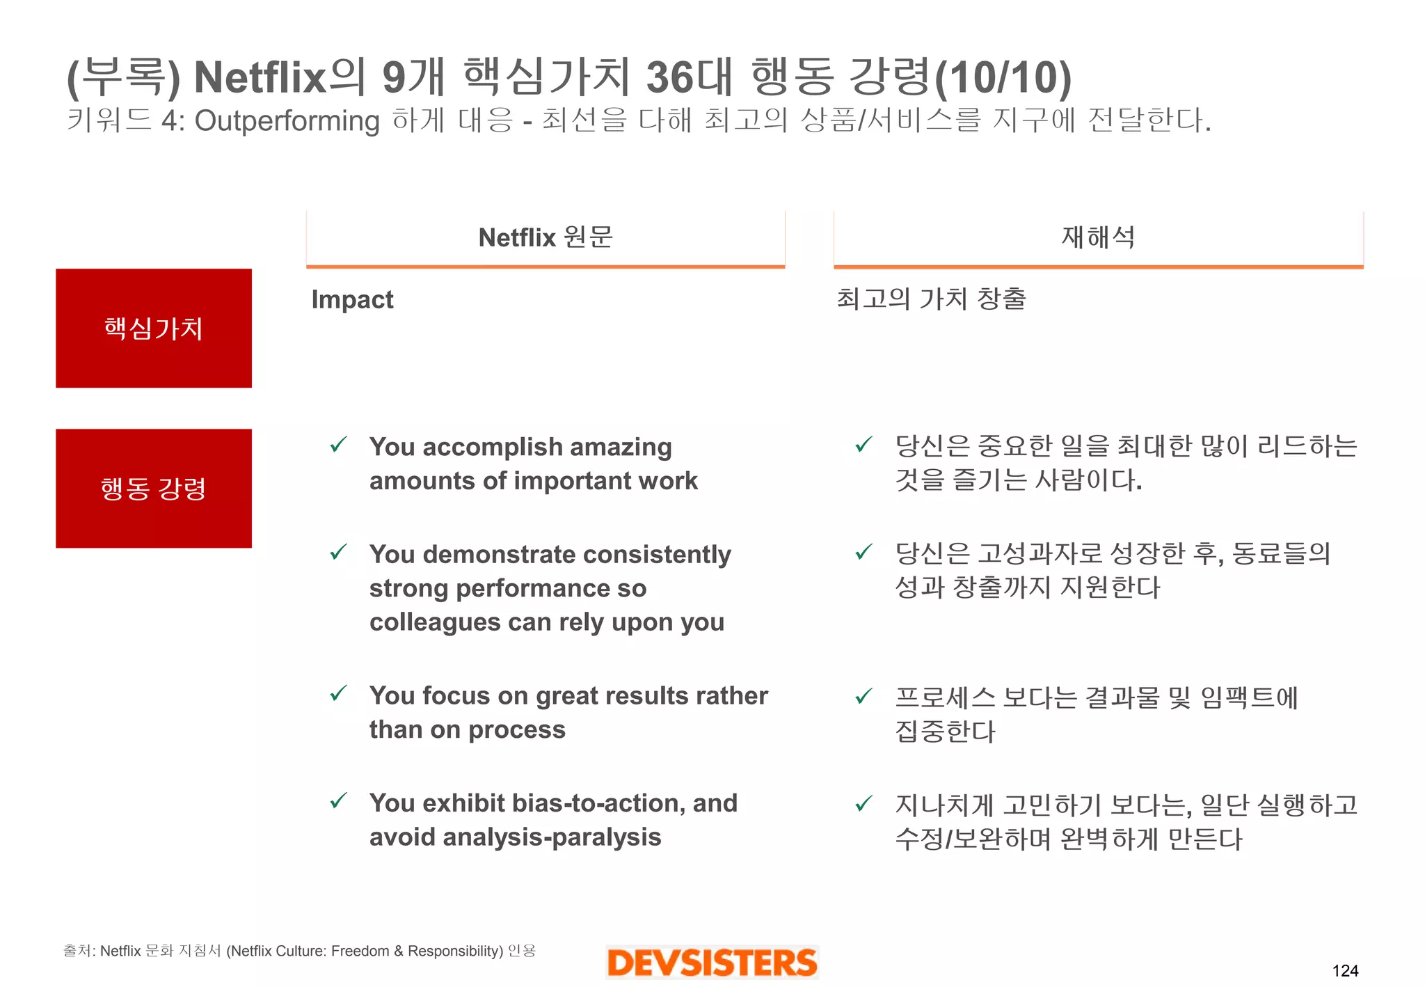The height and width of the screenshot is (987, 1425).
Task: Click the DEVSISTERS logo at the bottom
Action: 712,963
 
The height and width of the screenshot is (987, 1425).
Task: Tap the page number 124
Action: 1345,970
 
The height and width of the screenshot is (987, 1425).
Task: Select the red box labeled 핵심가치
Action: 154,328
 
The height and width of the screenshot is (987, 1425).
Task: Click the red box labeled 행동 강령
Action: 154,488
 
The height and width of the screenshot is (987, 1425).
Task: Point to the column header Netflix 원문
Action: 546,237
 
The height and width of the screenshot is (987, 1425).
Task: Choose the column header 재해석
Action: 1098,237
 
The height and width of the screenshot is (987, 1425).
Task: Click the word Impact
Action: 352,299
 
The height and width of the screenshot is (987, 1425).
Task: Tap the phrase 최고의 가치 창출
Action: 931,299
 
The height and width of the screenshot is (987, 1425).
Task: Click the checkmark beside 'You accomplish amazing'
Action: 339,444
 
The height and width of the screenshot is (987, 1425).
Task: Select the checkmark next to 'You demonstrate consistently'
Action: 339,552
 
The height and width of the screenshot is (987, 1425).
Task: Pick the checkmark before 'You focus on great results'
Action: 339,693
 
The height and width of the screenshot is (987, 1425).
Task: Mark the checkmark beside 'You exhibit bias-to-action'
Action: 339,801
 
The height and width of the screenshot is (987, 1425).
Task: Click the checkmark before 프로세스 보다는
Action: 863,695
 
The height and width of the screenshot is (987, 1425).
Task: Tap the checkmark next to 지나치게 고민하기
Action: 863,804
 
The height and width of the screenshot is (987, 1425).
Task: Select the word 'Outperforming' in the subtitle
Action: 287,121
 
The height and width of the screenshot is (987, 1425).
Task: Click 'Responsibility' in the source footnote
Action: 454,951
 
